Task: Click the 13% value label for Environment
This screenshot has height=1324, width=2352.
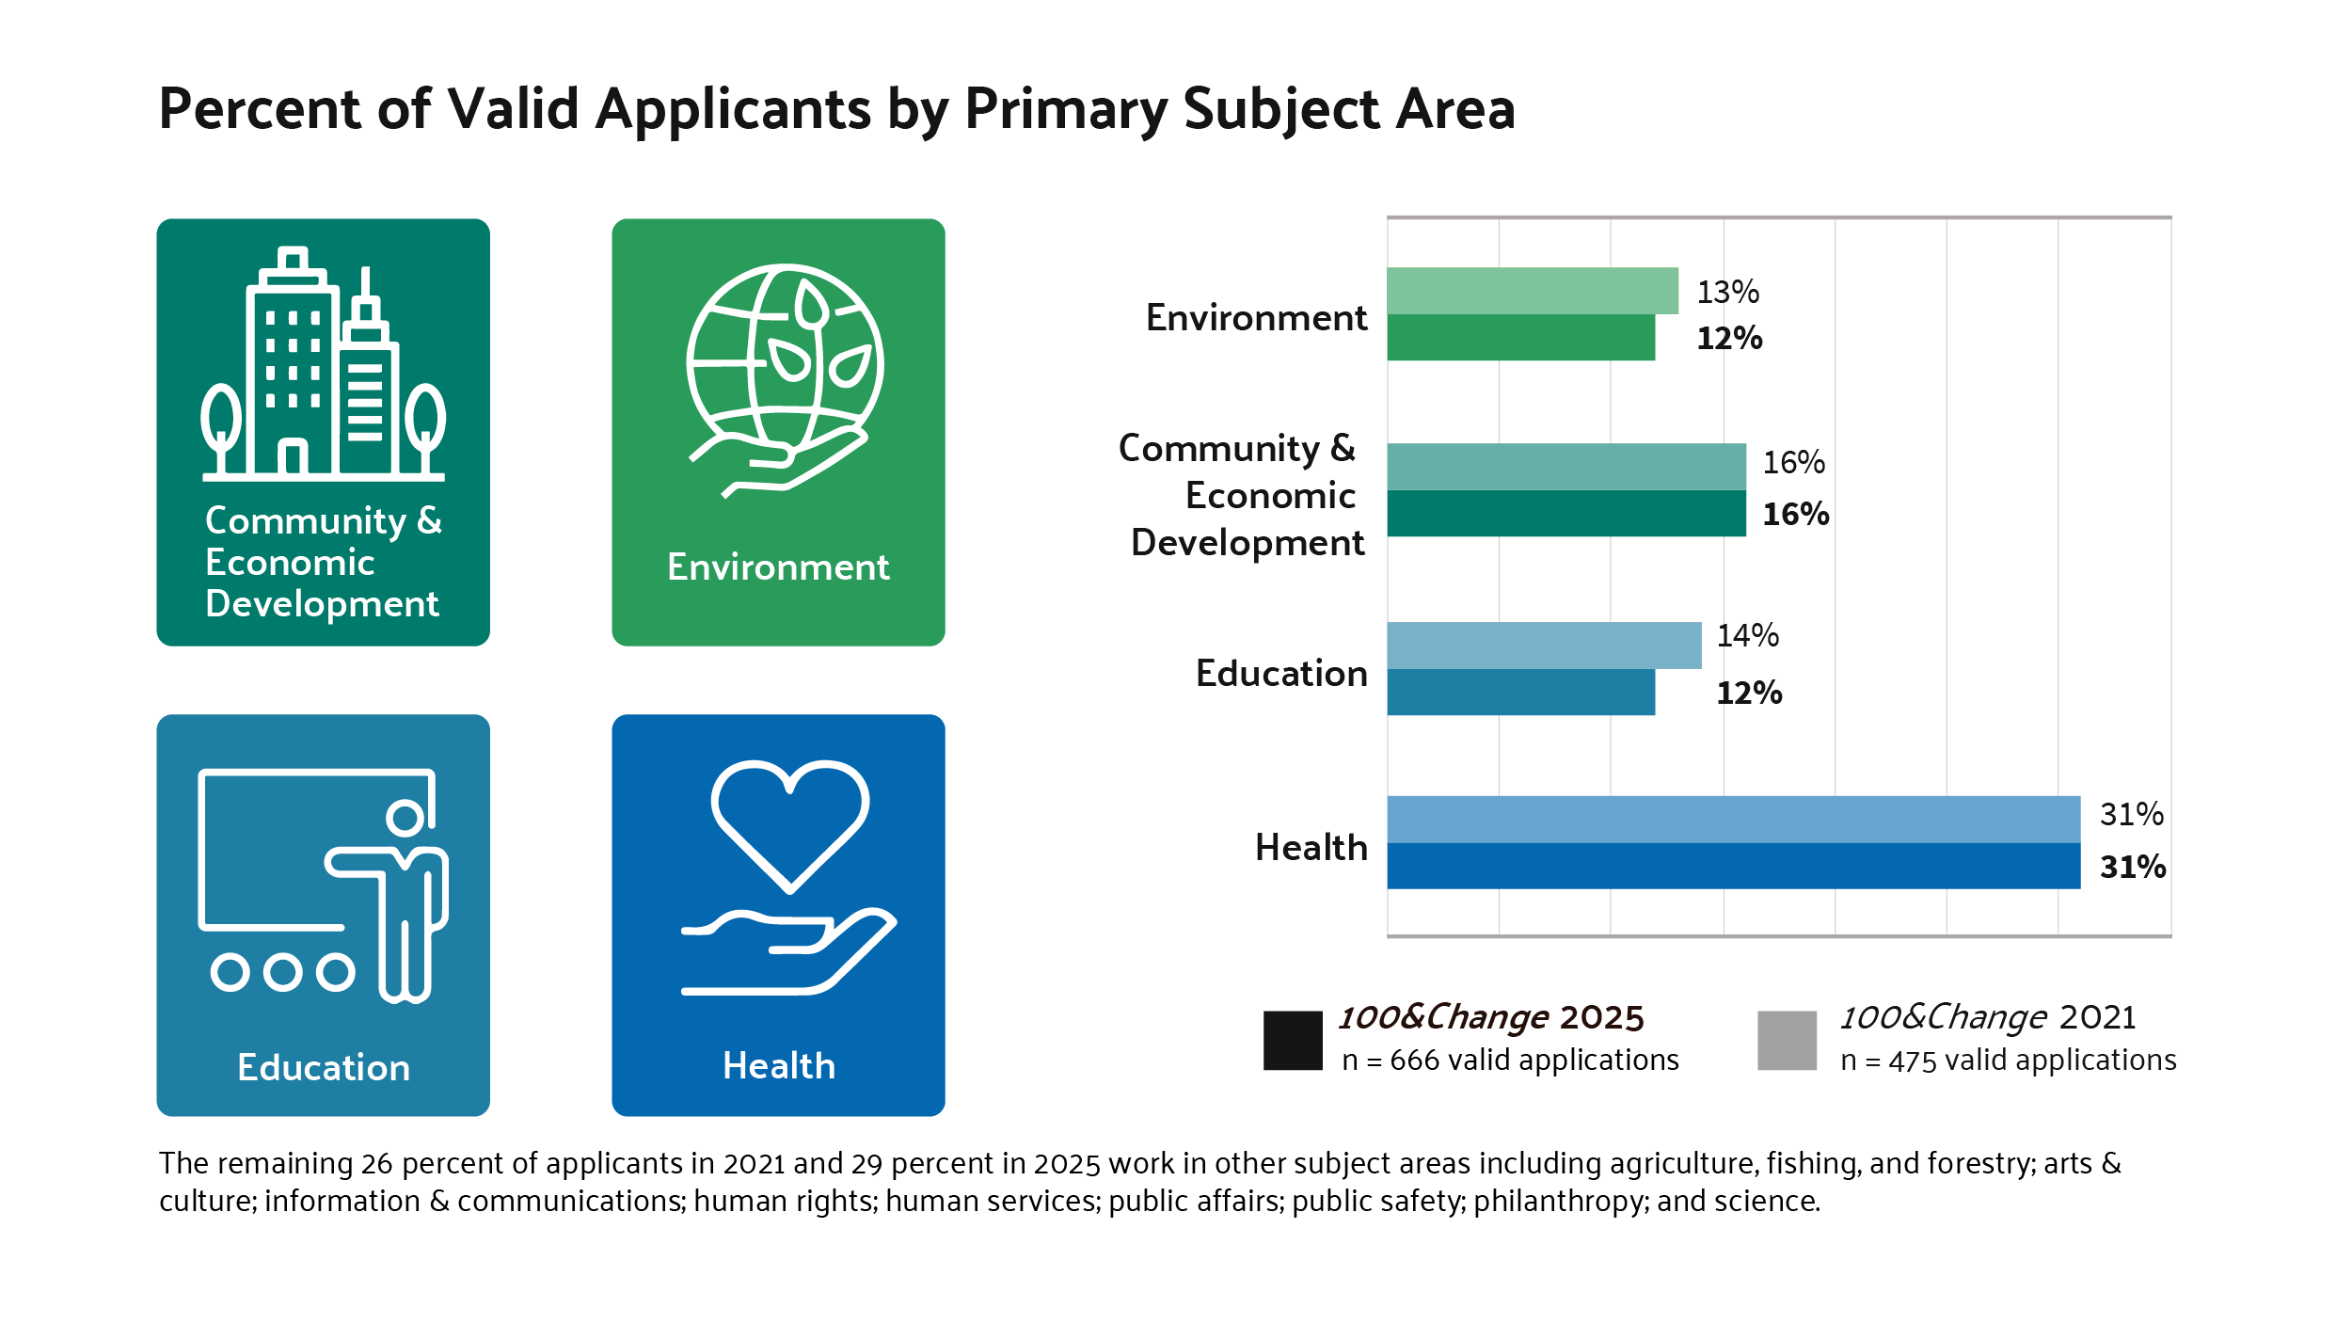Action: tap(1727, 292)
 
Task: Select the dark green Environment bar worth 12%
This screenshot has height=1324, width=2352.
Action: tap(1520, 338)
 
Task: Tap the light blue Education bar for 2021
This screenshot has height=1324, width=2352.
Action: tap(1543, 646)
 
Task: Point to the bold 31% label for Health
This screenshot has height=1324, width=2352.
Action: tap(2132, 867)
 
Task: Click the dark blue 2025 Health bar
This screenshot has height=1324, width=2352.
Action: tap(1733, 866)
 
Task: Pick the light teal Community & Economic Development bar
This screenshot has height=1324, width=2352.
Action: tap(1565, 467)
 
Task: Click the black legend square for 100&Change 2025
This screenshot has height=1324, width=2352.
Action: tap(1293, 1040)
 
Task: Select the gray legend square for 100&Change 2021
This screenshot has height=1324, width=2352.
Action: tap(1787, 1040)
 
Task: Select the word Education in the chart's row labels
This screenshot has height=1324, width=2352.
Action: tap(1280, 674)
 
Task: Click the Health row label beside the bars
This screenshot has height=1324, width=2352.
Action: tap(1311, 848)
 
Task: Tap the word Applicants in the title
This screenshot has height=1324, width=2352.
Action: tap(733, 109)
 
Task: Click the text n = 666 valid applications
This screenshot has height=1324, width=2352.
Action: tap(1510, 1061)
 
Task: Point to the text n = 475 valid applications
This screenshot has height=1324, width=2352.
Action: tap(2008, 1061)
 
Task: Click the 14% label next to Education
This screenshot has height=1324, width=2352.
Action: tap(1747, 636)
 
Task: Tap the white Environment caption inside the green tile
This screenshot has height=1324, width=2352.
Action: tap(778, 567)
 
